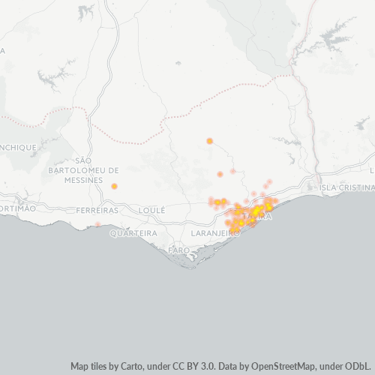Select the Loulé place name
pyautogui.click(x=151, y=211)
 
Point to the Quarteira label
pyautogui.click(x=133, y=233)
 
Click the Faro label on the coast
pyautogui.click(x=179, y=249)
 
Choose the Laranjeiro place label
pyautogui.click(x=215, y=233)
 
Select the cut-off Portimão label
pyautogui.click(x=16, y=208)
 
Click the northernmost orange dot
pyautogui.click(x=209, y=141)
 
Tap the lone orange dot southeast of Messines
pyautogui.click(x=114, y=186)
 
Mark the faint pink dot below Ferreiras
pyautogui.click(x=97, y=223)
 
